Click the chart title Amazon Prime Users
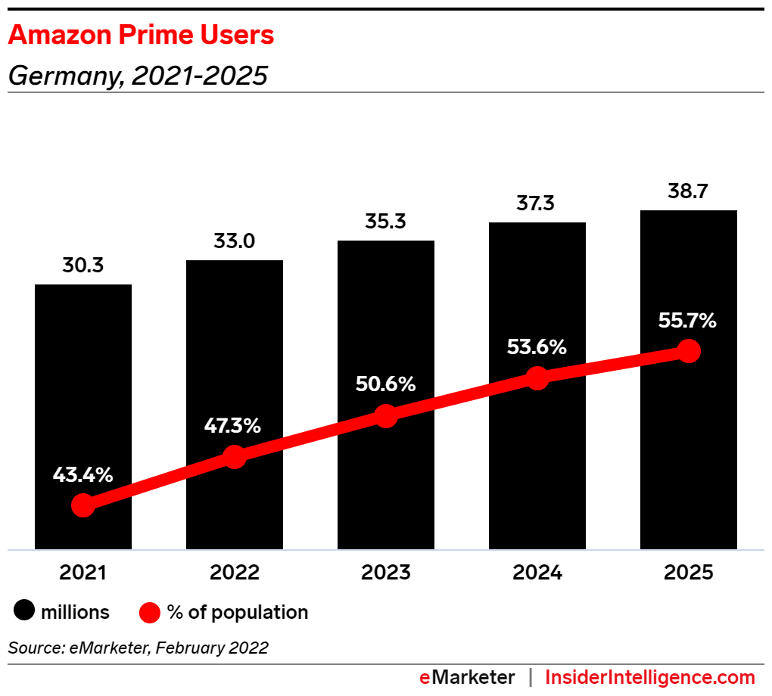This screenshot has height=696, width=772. (141, 35)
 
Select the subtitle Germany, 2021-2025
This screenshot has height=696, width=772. (138, 76)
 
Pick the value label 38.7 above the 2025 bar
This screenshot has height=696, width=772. (688, 191)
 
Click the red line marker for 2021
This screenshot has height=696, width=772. (83, 505)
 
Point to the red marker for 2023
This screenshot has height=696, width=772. (386, 416)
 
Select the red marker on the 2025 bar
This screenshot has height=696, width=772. (688, 351)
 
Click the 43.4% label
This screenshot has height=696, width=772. (83, 475)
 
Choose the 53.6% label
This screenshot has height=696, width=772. (537, 347)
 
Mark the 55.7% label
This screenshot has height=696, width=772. (687, 321)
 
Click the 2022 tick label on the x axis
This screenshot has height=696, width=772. (234, 573)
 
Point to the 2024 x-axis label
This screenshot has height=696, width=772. (537, 573)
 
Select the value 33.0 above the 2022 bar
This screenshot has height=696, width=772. (234, 242)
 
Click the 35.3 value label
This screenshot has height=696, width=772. (385, 222)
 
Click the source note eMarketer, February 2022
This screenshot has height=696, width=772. (139, 648)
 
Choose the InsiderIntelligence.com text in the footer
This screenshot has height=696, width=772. (650, 677)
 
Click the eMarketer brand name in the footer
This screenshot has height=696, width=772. (467, 677)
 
